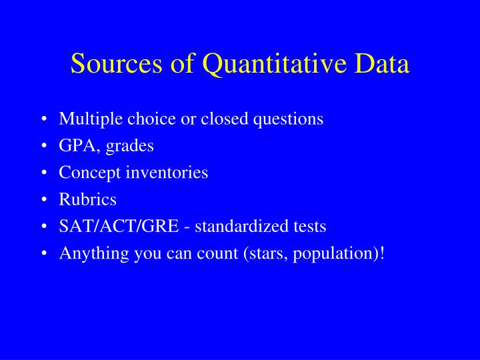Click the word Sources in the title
[x=107, y=64]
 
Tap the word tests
[x=311, y=227]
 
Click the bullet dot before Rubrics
[x=43, y=200]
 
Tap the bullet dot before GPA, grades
[x=43, y=147]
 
